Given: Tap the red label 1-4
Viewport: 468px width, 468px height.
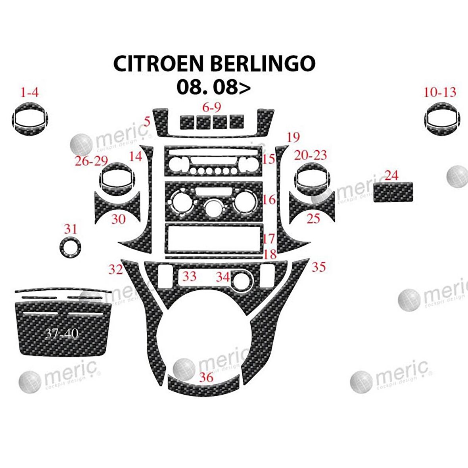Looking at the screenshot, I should [x=29, y=93].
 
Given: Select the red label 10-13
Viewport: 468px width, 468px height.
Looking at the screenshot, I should [x=440, y=92].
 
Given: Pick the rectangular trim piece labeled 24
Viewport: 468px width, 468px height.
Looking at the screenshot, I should [x=393, y=192].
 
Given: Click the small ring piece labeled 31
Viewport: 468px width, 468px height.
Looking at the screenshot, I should [x=70, y=248].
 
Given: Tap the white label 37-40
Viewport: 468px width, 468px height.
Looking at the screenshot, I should [x=62, y=334].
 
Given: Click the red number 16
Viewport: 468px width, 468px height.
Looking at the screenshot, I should [x=269, y=199].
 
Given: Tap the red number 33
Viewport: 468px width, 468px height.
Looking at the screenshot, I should [x=189, y=276].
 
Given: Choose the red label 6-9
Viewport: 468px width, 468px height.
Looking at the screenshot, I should [x=211, y=107].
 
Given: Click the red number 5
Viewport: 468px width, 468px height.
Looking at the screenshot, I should [x=147, y=121].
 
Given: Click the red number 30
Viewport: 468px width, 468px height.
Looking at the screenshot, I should [x=118, y=219].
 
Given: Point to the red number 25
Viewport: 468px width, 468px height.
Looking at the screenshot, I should [x=313, y=218].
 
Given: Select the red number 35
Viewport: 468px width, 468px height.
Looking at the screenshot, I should [x=318, y=267].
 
